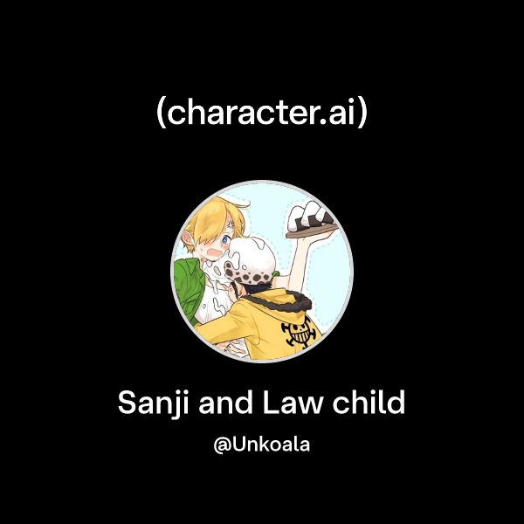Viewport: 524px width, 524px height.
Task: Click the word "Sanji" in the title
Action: [151, 403]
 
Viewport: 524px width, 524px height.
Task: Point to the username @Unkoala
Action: [262, 444]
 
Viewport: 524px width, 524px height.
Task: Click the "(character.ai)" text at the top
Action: [262, 114]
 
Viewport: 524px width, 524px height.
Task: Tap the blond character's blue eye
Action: [226, 236]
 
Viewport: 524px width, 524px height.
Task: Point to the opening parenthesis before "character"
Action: [161, 114]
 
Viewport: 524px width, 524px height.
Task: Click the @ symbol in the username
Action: [221, 445]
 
